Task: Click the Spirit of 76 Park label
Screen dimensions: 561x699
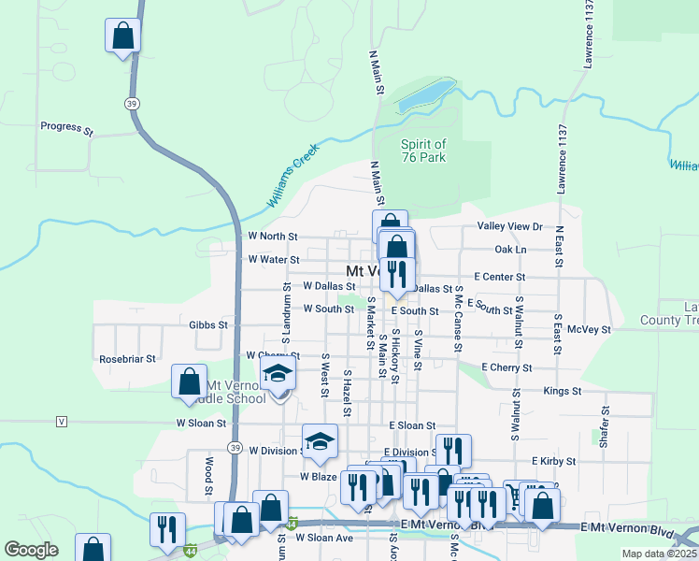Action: (x=423, y=151)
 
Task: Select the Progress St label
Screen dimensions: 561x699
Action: (x=67, y=126)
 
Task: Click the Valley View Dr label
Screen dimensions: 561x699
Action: (x=509, y=227)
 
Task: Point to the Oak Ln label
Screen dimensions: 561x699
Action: (x=510, y=250)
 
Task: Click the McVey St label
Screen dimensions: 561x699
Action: (x=589, y=329)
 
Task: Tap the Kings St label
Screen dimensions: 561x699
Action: (x=563, y=391)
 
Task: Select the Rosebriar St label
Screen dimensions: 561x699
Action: (x=127, y=358)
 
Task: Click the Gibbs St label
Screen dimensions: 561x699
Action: (x=208, y=325)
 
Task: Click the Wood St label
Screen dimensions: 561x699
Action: (x=208, y=476)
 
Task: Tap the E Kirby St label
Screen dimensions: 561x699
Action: (x=550, y=461)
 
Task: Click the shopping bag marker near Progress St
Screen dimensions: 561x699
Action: (x=121, y=37)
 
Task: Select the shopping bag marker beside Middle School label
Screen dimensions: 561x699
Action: (x=190, y=381)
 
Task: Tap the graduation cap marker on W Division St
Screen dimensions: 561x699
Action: (x=319, y=440)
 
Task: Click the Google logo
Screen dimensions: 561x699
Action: (x=31, y=550)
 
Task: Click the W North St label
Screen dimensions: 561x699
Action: (x=273, y=237)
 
